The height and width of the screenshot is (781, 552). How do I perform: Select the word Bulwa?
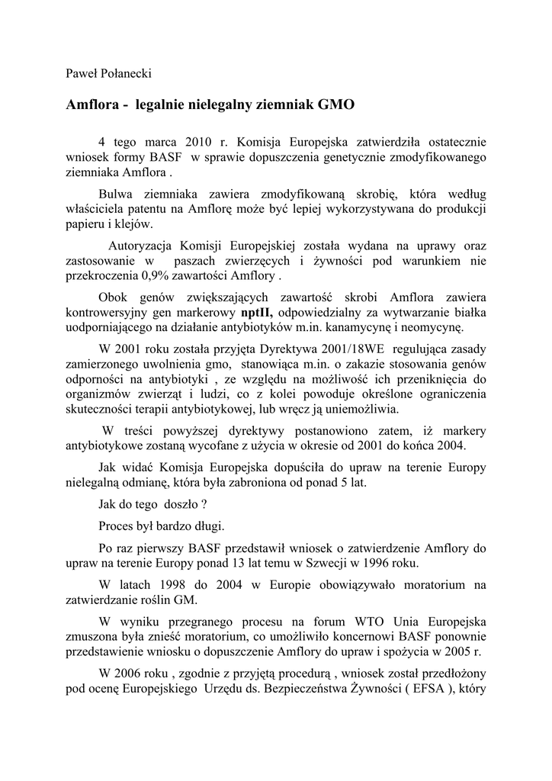tap(117, 194)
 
